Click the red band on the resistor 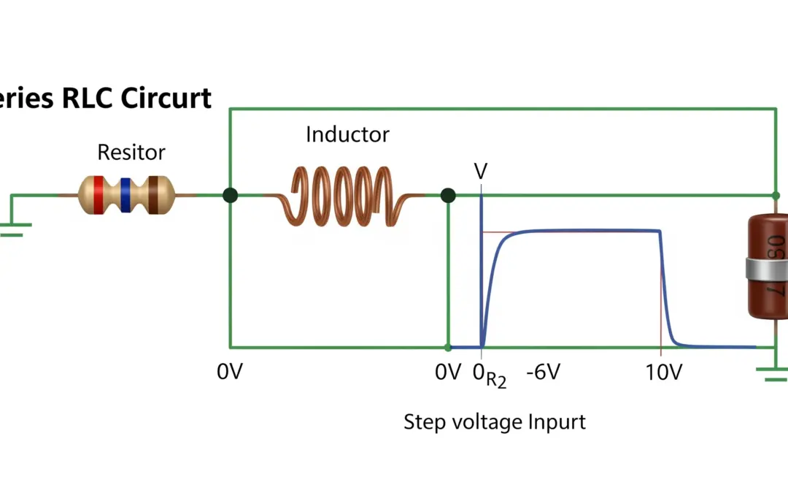pos(98,194)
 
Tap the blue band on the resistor pos(125,194)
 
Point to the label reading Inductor pos(347,134)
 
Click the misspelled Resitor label pos(131,153)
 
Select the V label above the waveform pos(481,172)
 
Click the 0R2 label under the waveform pos(490,375)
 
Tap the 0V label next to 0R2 pos(448,372)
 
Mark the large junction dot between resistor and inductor pos(231,195)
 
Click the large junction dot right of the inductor pos(448,195)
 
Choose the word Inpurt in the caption pos(558,422)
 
